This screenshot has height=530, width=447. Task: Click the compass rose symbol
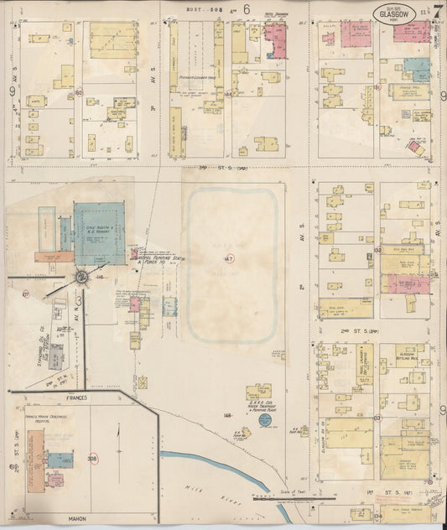[x=82, y=277]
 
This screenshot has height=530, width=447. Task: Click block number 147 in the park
[x=229, y=258]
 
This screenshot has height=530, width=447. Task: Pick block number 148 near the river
[x=226, y=414]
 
